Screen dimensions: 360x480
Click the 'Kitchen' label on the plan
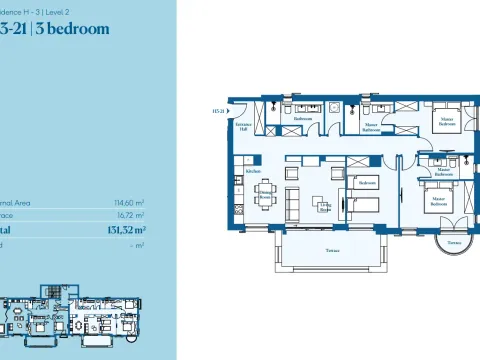point(253,171)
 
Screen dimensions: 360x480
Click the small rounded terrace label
point(454,242)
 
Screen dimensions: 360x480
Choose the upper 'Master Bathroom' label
point(371,128)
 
